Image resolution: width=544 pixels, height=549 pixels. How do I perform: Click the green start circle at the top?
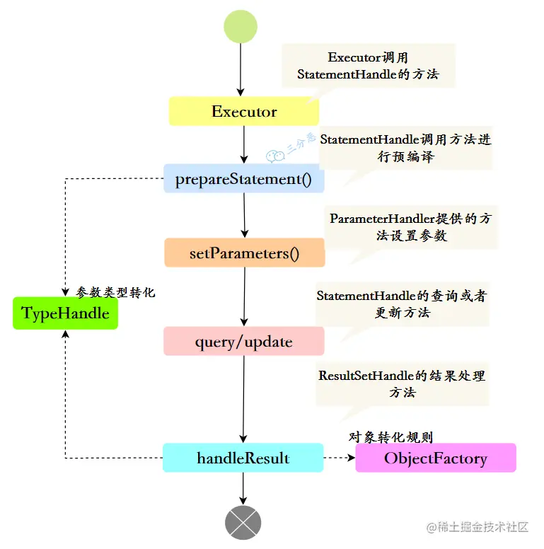tap(241, 27)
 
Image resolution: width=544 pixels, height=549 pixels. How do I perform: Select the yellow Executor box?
tap(243, 112)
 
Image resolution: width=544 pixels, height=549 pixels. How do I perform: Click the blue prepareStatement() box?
tap(243, 179)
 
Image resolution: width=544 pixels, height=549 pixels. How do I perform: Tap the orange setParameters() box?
tap(244, 253)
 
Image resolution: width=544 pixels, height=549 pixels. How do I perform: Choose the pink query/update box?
tap(243, 342)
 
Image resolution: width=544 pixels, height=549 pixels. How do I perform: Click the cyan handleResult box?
tap(243, 458)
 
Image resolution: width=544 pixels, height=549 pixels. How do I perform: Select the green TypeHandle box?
tap(65, 313)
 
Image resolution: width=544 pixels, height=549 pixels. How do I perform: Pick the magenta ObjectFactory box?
tap(435, 458)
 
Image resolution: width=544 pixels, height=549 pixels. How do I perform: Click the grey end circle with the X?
tap(243, 523)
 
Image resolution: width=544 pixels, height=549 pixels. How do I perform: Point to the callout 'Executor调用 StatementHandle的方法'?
tap(367, 67)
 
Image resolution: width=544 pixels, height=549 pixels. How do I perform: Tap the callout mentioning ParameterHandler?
tap(410, 226)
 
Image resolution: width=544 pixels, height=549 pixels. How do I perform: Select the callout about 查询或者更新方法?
tap(402, 304)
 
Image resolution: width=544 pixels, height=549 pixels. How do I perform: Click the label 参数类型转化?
tap(115, 291)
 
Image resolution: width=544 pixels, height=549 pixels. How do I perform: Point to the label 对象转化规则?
tap(390, 437)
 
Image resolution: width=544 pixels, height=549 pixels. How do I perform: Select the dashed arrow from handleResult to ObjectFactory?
tap(339, 458)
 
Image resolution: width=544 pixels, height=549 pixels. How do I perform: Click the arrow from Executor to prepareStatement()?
tap(243, 145)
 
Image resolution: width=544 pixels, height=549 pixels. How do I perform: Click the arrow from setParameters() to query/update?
tap(244, 296)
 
